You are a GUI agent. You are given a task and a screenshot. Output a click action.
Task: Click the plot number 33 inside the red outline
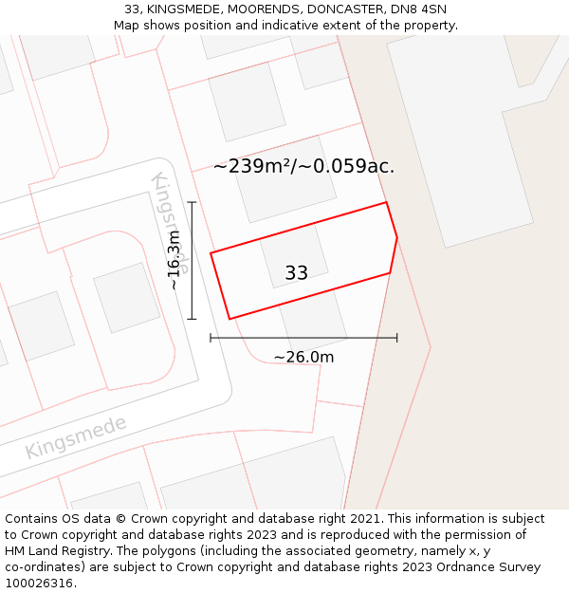pos(297,273)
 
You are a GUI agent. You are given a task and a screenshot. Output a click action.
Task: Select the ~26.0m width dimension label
pos(303,358)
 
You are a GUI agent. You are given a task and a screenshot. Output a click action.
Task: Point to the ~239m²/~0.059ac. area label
pos(303,167)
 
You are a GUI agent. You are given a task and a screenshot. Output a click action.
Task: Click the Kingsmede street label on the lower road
pos(76,436)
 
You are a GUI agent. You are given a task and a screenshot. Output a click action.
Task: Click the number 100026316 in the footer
pos(39,584)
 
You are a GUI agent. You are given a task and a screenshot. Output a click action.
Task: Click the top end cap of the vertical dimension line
pos(192,202)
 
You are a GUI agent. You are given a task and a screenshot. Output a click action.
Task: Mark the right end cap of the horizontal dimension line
pos(396,338)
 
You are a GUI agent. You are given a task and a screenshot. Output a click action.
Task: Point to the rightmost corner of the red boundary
pos(396,237)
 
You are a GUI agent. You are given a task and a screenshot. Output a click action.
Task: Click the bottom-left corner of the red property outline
pos(229,319)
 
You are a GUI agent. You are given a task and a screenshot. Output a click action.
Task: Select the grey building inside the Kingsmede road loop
pos(127,297)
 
